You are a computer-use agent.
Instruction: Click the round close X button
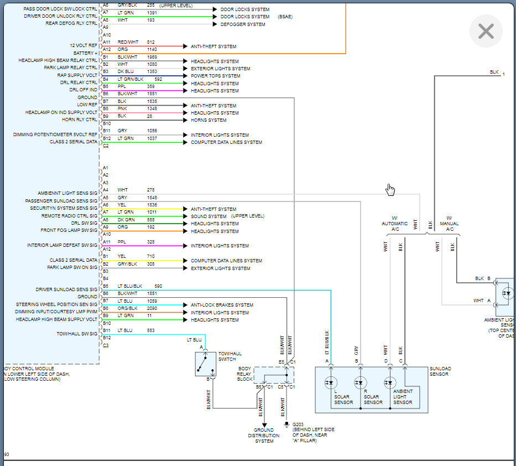[486, 31]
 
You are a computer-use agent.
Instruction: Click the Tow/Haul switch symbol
[205, 364]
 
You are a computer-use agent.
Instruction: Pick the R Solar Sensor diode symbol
[361, 382]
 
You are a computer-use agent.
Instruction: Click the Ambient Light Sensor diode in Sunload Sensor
[390, 382]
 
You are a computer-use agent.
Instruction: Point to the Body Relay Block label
[244, 374]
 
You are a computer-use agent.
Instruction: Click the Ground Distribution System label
[264, 436]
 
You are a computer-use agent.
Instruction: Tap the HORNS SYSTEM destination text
[209, 120]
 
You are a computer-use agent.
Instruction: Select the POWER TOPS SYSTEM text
[215, 76]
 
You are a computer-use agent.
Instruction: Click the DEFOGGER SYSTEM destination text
[243, 24]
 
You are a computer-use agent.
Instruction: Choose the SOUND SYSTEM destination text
[209, 216]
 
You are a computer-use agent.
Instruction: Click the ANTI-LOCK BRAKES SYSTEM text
[222, 305]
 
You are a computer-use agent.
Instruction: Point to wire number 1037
[152, 138]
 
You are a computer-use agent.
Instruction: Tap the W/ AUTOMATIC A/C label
[394, 224]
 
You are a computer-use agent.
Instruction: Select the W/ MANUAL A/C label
[449, 224]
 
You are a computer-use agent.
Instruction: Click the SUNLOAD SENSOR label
[440, 371]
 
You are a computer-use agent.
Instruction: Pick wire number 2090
[152, 308]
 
